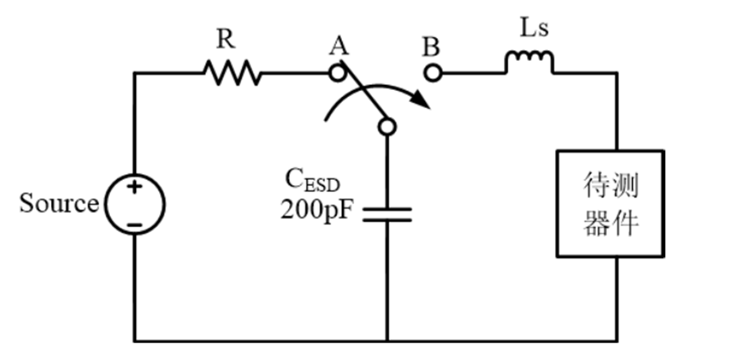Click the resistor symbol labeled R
(x=232, y=73)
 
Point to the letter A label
(x=339, y=46)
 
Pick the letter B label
(x=431, y=46)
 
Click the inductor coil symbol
(x=528, y=63)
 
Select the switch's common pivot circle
(x=386, y=127)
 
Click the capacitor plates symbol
(x=386, y=214)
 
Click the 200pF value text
(x=317, y=209)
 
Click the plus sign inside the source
(x=134, y=188)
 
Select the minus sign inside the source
(x=134, y=224)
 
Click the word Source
(x=59, y=204)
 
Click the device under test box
(x=610, y=204)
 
